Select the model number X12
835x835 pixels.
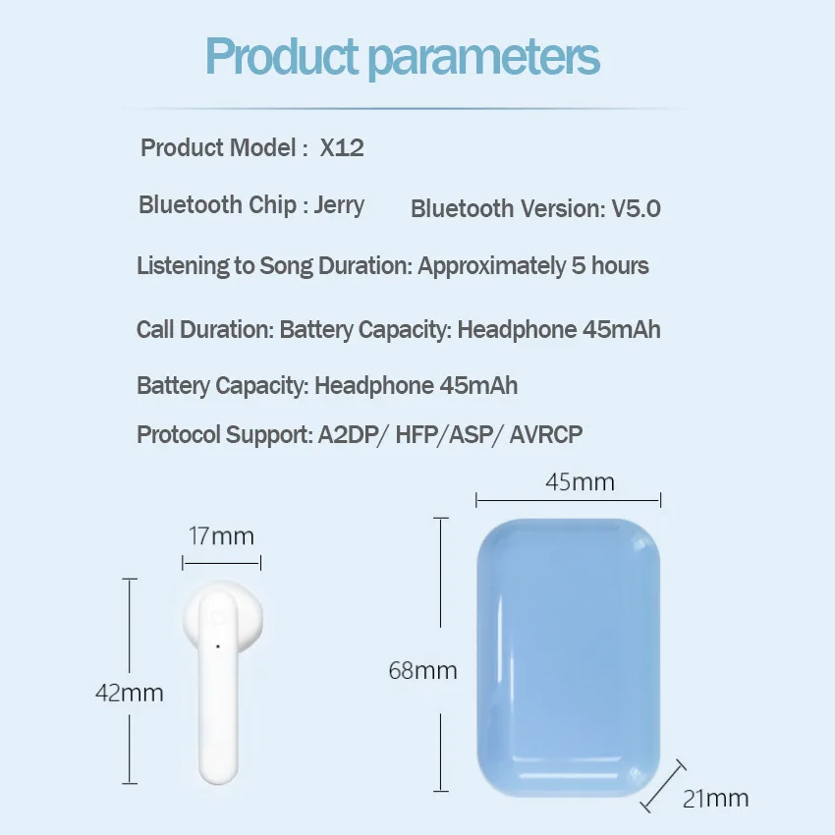tap(342, 148)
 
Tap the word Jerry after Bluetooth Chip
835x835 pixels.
tap(339, 205)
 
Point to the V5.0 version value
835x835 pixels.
tap(636, 208)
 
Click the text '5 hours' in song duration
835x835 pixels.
tap(610, 266)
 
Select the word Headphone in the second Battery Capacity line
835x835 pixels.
tap(374, 385)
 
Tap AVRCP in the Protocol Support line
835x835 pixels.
tap(546, 434)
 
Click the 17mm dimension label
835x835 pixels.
tap(221, 536)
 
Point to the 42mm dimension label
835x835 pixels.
tap(129, 693)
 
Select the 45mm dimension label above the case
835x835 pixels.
tap(580, 482)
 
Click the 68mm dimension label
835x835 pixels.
tap(422, 671)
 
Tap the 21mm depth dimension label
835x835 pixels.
tap(715, 798)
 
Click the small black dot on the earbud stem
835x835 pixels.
tap(217, 645)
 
